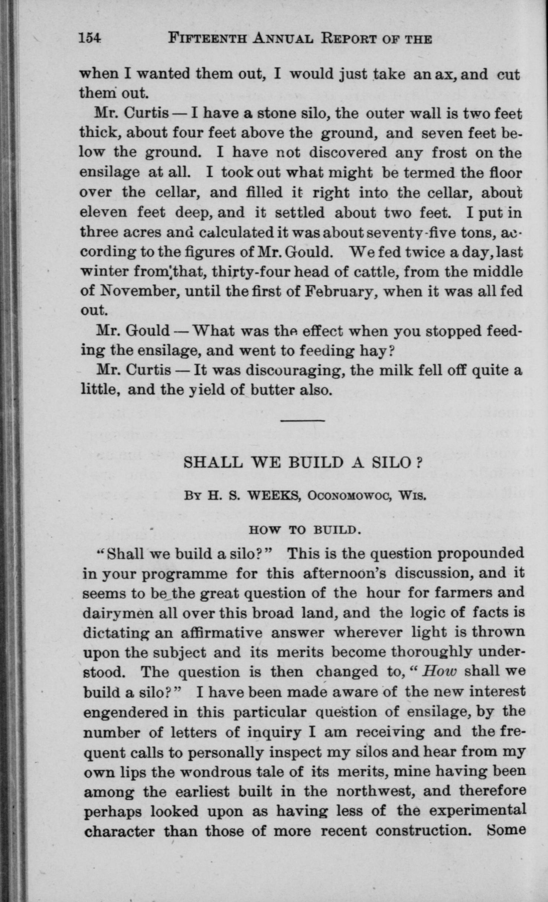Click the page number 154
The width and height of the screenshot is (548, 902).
tap(90, 39)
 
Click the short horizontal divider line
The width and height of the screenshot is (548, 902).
tap(302, 421)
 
